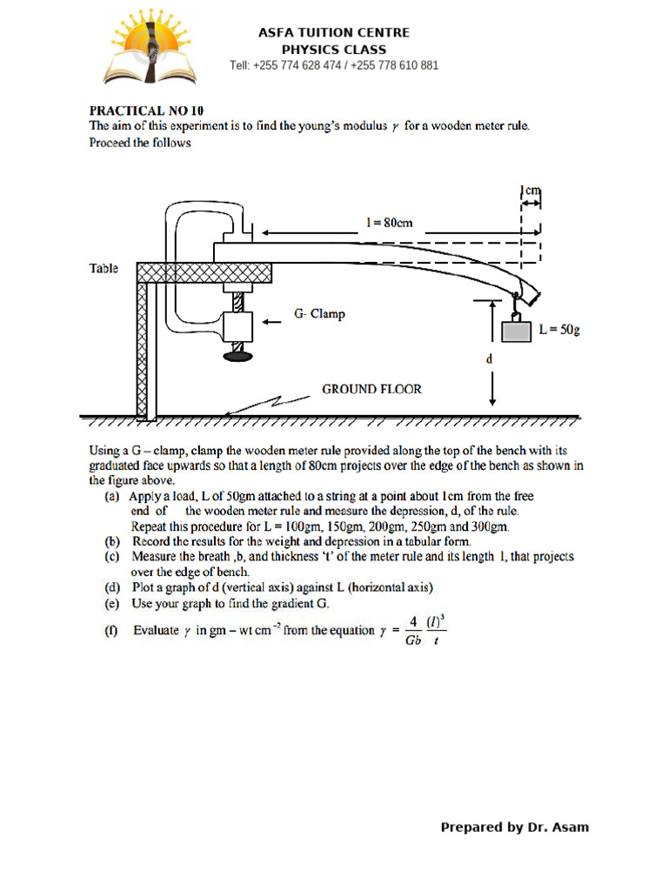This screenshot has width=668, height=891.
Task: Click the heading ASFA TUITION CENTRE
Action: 334,32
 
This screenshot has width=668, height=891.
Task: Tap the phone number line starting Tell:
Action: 334,65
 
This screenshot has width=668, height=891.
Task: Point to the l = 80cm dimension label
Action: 389,223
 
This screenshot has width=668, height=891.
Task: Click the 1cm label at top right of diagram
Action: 531,190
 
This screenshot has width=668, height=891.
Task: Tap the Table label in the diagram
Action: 104,269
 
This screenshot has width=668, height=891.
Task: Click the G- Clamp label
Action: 319,314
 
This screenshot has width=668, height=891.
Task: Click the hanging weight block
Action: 516,331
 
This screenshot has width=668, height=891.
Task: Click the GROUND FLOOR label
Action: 371,389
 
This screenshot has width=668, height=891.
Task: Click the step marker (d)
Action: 111,587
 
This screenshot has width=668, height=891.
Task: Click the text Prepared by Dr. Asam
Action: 514,827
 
